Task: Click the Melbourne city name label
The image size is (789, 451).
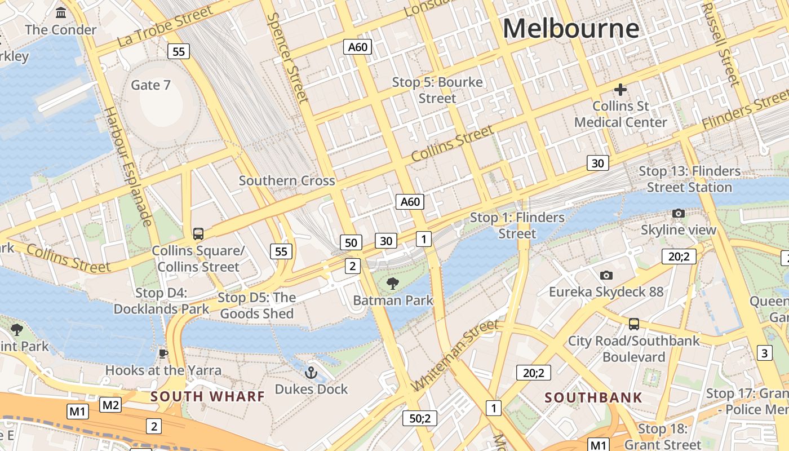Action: pyautogui.click(x=571, y=28)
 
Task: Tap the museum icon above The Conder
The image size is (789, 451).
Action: pyautogui.click(x=60, y=12)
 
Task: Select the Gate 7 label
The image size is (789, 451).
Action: pyautogui.click(x=150, y=85)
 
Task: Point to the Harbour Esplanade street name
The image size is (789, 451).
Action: pyautogui.click(x=128, y=166)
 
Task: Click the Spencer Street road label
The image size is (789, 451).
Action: pyautogui.click(x=287, y=58)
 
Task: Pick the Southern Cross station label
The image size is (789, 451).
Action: pyautogui.click(x=287, y=181)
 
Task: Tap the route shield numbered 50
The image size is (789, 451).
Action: pyautogui.click(x=351, y=242)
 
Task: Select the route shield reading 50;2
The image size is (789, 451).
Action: pyautogui.click(x=420, y=418)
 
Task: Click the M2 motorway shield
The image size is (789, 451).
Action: pyautogui.click(x=110, y=404)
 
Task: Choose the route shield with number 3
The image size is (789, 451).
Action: pyautogui.click(x=764, y=353)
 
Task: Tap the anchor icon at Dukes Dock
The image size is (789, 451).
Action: pyautogui.click(x=311, y=373)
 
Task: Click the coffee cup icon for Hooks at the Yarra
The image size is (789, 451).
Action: pyautogui.click(x=163, y=353)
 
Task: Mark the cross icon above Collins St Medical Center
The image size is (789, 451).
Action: pyautogui.click(x=620, y=89)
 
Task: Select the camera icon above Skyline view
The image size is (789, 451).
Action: pyautogui.click(x=679, y=213)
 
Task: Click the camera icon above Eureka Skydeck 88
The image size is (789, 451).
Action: pyautogui.click(x=606, y=275)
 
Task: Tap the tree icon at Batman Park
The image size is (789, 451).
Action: pyautogui.click(x=393, y=283)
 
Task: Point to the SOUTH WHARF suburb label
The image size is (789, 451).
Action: pyautogui.click(x=207, y=396)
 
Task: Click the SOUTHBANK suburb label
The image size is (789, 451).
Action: pyautogui.click(x=593, y=397)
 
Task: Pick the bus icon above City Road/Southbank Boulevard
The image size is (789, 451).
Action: pyautogui.click(x=634, y=324)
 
